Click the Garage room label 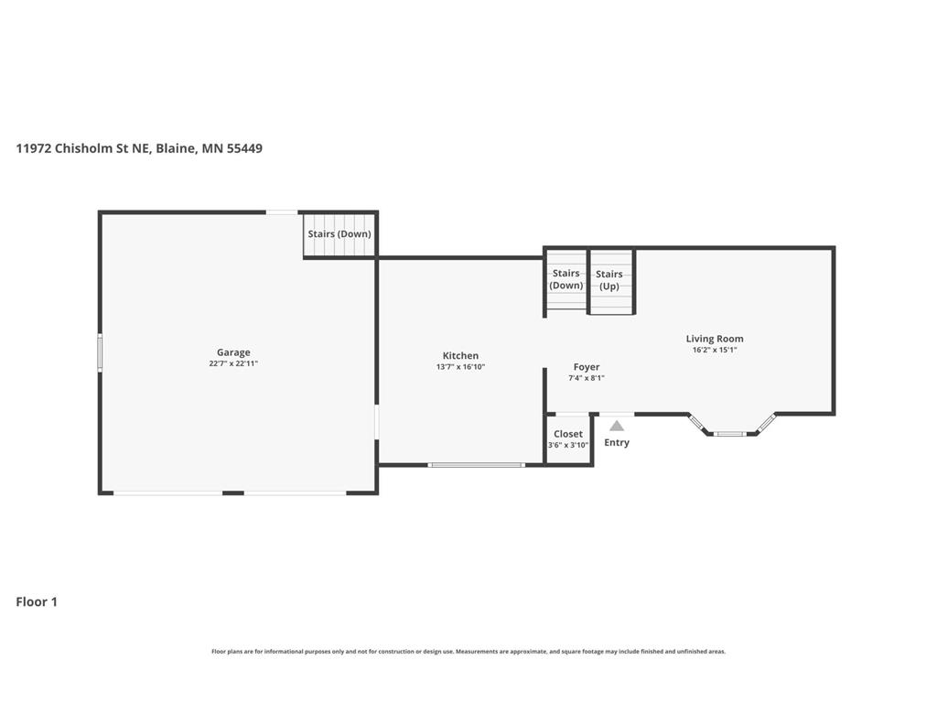coord(233,352)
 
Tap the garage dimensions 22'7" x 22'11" coord(233,363)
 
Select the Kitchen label coord(460,356)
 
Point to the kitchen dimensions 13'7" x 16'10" coord(461,367)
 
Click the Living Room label coord(715,339)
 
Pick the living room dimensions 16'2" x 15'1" coord(715,350)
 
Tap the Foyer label coord(587,367)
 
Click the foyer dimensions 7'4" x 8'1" coord(587,378)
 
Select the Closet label coord(567,434)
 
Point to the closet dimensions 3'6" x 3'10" coord(568,445)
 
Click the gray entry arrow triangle coord(617,427)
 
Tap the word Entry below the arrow coord(617,442)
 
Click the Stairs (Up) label coord(609,280)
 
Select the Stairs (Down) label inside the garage coord(339,233)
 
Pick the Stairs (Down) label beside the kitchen coord(565,279)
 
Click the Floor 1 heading coord(37,602)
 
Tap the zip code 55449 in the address coord(244,148)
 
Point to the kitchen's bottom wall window coord(476,464)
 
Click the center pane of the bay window coord(730,433)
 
